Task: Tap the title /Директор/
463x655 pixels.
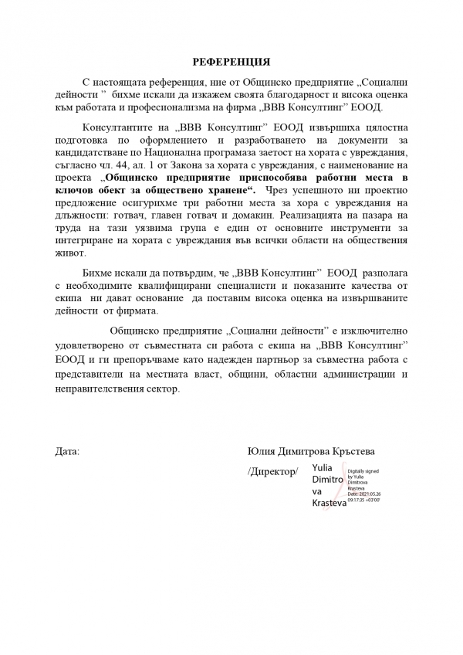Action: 272,471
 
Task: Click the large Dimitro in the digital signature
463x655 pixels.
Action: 327,479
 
